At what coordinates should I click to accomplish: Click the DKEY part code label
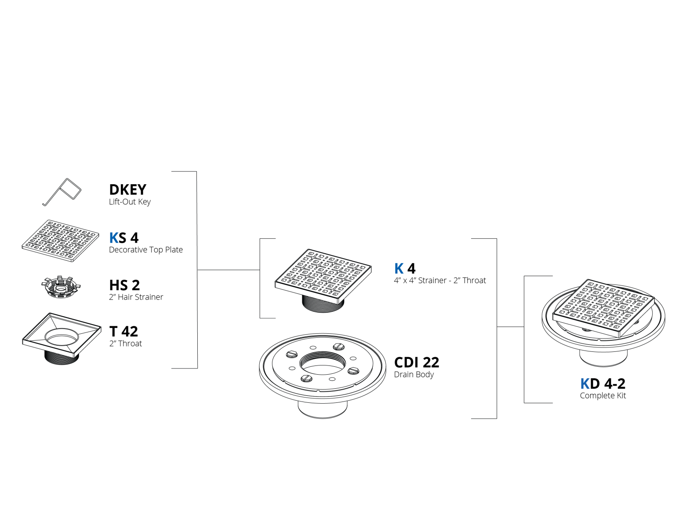[127, 189]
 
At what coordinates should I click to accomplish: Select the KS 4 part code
[123, 238]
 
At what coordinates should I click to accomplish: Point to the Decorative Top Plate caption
[146, 250]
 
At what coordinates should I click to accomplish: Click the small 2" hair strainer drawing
[61, 287]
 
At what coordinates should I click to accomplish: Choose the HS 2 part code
[124, 285]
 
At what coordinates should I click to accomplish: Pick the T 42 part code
[123, 331]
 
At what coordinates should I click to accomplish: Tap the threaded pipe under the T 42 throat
[62, 358]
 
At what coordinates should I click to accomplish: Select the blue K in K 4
[399, 268]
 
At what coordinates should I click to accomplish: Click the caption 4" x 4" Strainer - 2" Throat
[440, 281]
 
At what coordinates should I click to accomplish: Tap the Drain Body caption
[414, 374]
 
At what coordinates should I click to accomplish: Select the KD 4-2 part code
[602, 383]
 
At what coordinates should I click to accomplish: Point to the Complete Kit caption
[602, 395]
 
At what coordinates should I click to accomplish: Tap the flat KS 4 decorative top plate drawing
[60, 241]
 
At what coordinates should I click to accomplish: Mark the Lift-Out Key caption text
[130, 202]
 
